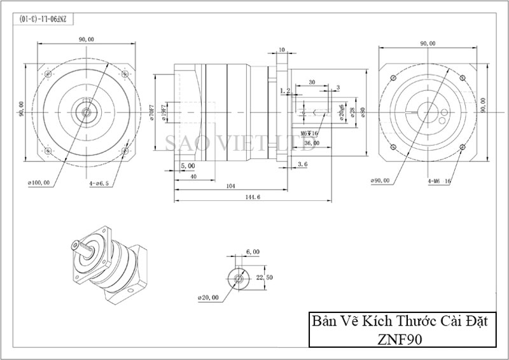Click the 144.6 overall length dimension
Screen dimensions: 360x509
(253, 198)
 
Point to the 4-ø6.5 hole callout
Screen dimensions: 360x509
(100, 183)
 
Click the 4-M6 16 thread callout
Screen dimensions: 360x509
(439, 181)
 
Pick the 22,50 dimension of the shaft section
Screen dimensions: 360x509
(264, 277)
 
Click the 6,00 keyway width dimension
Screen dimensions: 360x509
(253, 252)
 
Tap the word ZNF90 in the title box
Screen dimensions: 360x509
(398, 338)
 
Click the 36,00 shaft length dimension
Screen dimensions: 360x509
(312, 143)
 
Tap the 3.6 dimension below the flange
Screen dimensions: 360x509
(302, 164)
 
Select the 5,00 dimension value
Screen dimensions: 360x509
(188, 165)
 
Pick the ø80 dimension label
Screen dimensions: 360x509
(363, 113)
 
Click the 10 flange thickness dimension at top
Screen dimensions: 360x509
(282, 50)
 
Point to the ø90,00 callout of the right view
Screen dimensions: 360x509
(379, 181)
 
